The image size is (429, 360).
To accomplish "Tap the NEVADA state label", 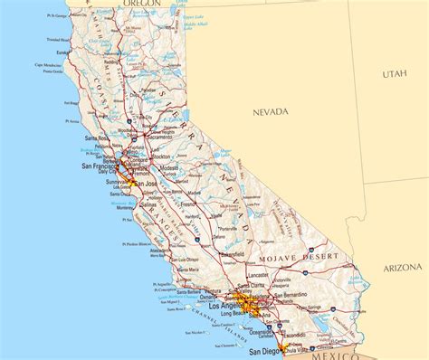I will [270, 112].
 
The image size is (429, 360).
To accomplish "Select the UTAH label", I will [395, 73].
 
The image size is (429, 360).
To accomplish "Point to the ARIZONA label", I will [401, 269].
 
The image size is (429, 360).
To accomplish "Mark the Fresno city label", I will [188, 204].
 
